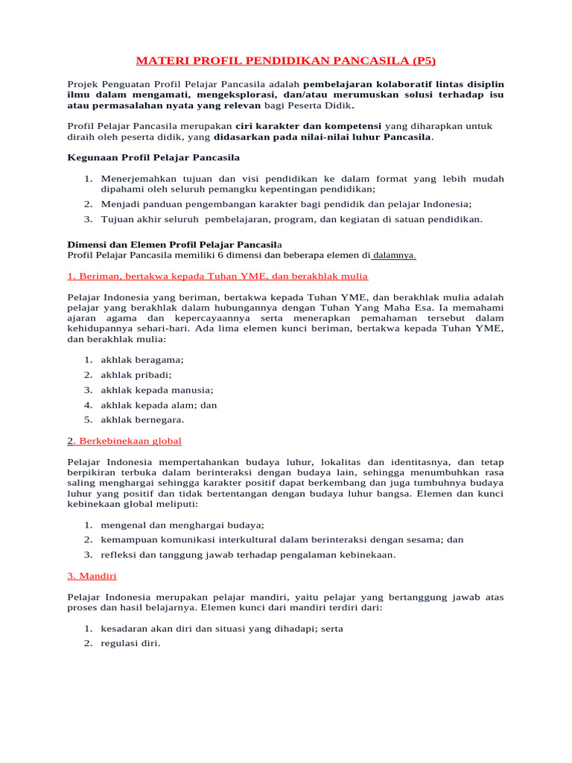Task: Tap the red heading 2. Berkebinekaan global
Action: pyautogui.click(x=124, y=441)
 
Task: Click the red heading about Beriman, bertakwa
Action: pyautogui.click(x=217, y=276)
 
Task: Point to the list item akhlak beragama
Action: pyautogui.click(x=142, y=360)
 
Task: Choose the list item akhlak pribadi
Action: pyautogui.click(x=136, y=375)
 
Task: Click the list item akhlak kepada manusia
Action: pyautogui.click(x=157, y=390)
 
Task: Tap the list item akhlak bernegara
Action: pyautogui.click(x=142, y=420)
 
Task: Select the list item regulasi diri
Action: pyautogui.click(x=130, y=644)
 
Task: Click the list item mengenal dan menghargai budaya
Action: pyautogui.click(x=182, y=525)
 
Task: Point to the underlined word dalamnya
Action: pyautogui.click(x=394, y=256)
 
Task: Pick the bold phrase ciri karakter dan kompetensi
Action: pyautogui.click(x=308, y=126)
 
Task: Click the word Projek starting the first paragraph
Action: pyautogui.click(x=83, y=84)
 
